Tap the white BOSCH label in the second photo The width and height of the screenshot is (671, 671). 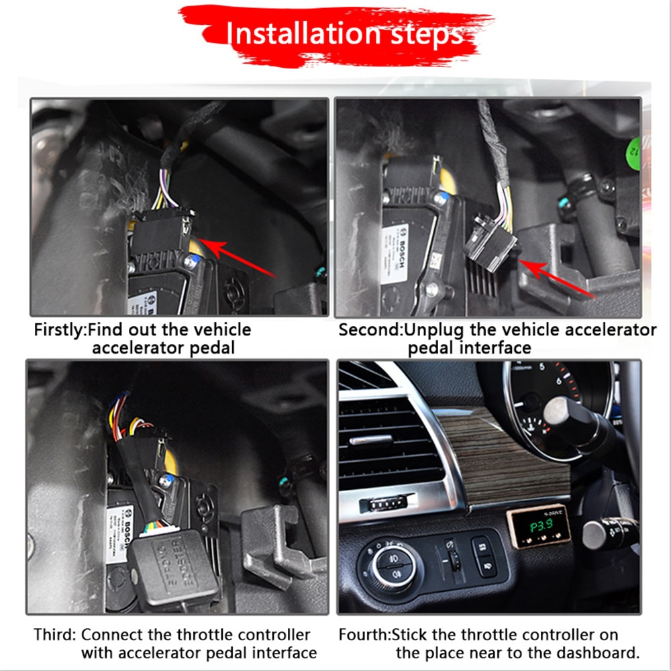[397, 252]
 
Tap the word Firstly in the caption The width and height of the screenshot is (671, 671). [60, 330]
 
